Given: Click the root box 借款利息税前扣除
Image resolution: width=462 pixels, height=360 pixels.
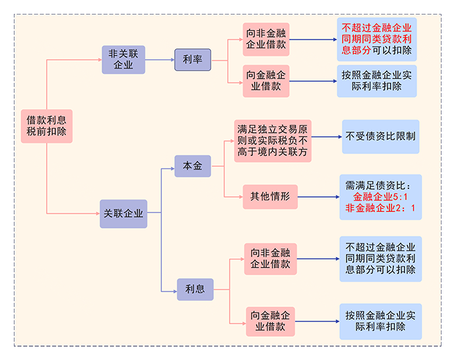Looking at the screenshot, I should (x=46, y=126).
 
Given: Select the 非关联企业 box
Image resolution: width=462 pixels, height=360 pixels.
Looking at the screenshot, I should (x=123, y=59).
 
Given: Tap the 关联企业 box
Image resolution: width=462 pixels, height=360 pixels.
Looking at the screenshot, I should (x=123, y=213).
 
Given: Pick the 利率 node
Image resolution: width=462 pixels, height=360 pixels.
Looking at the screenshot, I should (x=193, y=60).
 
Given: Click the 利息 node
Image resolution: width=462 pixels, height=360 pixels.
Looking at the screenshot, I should (x=195, y=289).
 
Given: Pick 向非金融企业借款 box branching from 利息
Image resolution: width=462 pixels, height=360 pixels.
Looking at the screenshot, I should (x=270, y=259).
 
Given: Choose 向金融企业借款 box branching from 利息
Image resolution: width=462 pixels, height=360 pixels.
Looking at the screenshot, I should (x=270, y=321).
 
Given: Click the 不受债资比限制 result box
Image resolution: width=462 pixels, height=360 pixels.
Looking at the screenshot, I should (x=380, y=137).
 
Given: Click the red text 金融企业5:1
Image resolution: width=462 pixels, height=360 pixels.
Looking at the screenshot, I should (x=380, y=197).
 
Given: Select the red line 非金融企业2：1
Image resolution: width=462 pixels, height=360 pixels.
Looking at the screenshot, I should (x=380, y=209).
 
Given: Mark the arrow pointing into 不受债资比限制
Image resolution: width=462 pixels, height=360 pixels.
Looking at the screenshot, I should (x=326, y=137).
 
